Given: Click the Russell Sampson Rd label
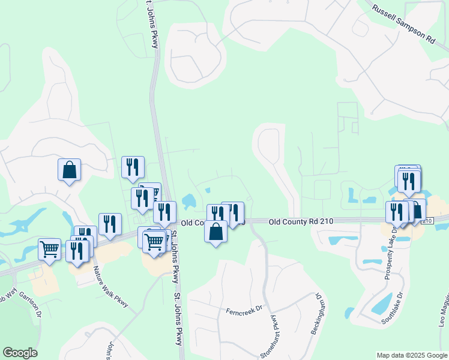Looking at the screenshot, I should pos(403,25).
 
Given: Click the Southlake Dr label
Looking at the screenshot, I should pos(391,308).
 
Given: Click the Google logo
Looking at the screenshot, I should pos(20,353).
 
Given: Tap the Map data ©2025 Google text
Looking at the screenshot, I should pos(411,355).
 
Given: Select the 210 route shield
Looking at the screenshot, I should pos(427,221).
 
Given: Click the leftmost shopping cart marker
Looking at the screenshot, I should pos(49,248).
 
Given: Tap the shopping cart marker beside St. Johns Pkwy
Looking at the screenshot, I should pos(154,242).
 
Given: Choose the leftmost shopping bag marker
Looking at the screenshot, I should pos(69,169).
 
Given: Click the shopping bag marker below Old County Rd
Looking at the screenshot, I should pos(216,231).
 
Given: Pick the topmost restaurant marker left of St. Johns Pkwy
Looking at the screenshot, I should pos(132,167).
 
